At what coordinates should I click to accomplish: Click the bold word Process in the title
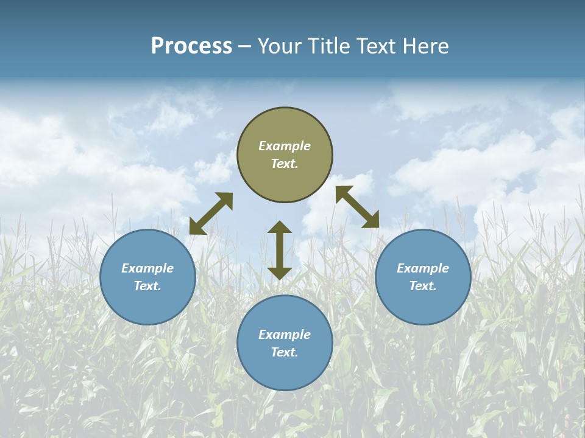point(191,46)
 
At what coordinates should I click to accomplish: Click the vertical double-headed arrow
point(280,250)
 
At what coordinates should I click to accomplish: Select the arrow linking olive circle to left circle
point(211,214)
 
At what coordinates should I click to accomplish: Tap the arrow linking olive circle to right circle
point(358,207)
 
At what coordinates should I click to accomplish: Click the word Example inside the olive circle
point(285,146)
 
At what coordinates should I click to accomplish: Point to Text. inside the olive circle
point(285,164)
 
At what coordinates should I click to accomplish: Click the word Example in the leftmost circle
point(147,268)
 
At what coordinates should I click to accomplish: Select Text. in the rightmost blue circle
point(423,286)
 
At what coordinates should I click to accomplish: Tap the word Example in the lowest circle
point(285,335)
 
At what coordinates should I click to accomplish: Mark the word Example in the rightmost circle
point(423,268)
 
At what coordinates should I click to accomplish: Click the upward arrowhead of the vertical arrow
point(280,227)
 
